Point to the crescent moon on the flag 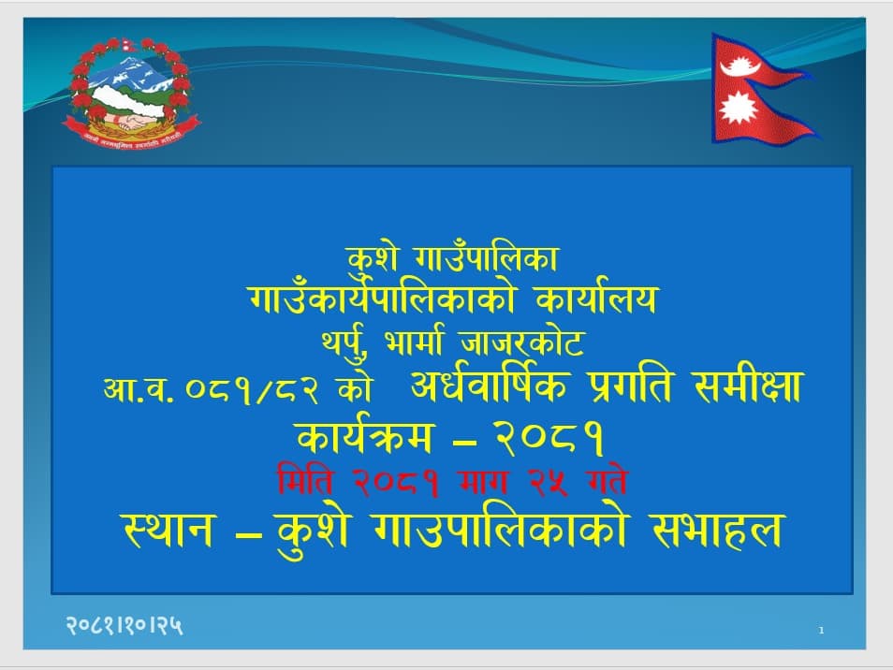(x=740, y=66)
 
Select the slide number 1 (x=821, y=630)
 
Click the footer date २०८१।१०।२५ (x=124, y=626)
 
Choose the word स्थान (x=168, y=532)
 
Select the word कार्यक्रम (x=365, y=437)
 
